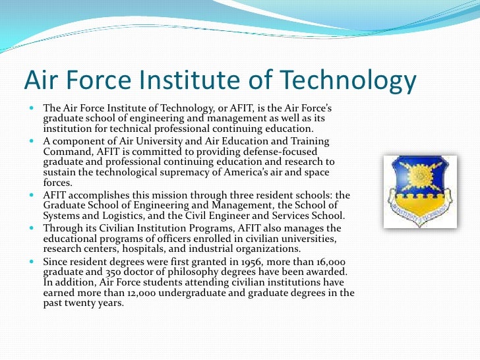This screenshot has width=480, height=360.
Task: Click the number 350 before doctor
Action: pos(96,272)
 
